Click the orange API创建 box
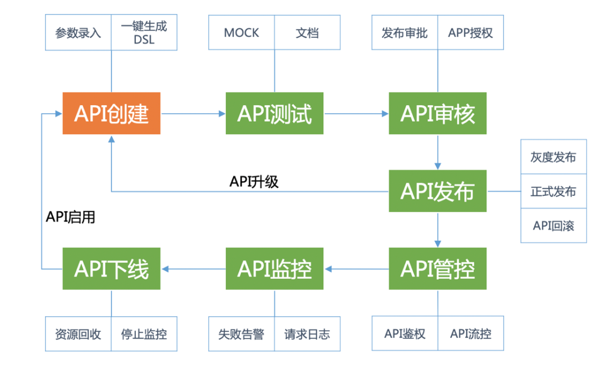click(111, 114)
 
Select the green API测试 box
click(274, 114)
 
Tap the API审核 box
click(437, 114)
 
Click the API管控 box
click(437, 269)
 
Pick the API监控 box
click(274, 269)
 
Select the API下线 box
click(111, 269)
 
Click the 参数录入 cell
click(78, 33)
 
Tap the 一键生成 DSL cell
click(144, 33)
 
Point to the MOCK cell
click(242, 33)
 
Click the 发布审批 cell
click(405, 33)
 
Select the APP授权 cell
click(471, 33)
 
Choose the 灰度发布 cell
click(553, 157)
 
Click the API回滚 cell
click(553, 225)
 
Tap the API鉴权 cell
click(405, 334)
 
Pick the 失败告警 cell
click(242, 334)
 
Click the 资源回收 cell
click(78, 334)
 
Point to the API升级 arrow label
click(254, 181)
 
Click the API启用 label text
click(71, 217)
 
